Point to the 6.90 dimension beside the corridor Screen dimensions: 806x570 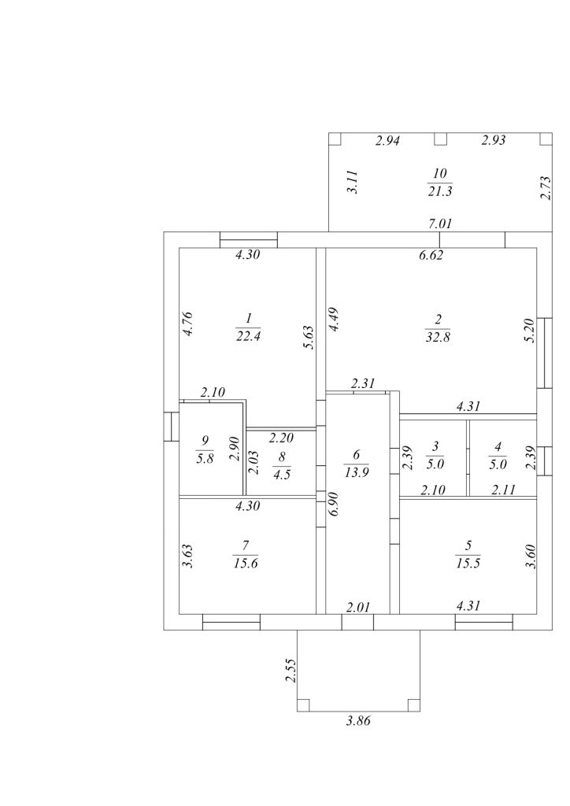point(335,504)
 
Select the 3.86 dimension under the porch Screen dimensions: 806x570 point(357,720)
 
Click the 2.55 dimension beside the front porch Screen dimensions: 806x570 point(291,670)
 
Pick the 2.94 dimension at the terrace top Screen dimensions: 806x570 point(388,142)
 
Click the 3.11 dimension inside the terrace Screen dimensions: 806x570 point(353,183)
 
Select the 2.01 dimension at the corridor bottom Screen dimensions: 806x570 point(358,607)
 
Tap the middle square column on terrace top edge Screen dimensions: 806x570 point(440,139)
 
